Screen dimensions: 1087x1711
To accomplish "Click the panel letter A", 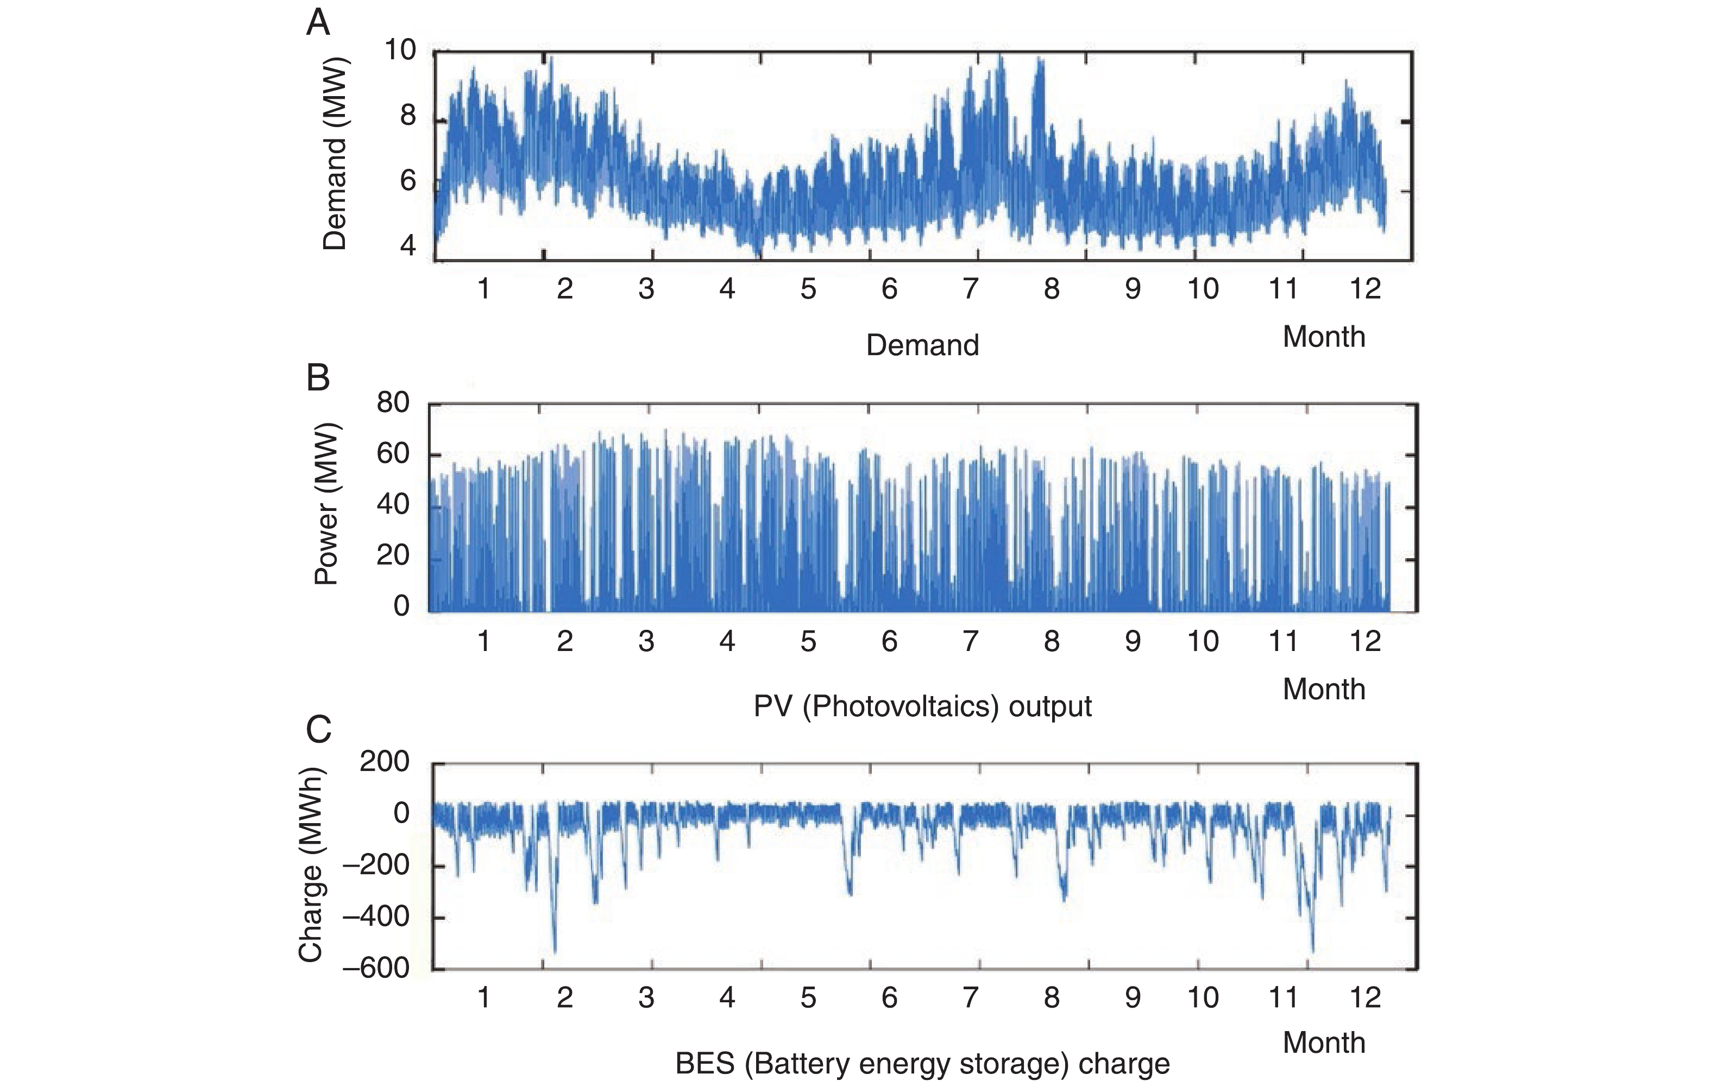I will click(x=318, y=23).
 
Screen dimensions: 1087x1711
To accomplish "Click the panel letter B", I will click(x=318, y=377).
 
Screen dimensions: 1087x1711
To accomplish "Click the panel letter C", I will click(x=318, y=729).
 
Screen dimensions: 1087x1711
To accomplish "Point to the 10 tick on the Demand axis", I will click(x=399, y=50).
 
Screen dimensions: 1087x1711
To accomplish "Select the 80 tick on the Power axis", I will click(x=393, y=403).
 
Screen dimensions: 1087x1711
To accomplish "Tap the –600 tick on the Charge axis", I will click(x=376, y=968).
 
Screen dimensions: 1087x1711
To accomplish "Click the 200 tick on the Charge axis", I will click(x=385, y=762).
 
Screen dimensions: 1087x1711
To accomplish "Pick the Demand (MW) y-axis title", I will click(x=334, y=154).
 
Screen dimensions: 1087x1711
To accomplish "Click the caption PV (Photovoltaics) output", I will click(x=922, y=706).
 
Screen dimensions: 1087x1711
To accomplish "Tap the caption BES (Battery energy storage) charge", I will click(x=922, y=1064).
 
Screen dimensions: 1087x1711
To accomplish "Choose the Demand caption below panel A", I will click(x=922, y=345).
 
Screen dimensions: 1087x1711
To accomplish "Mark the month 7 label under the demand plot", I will click(x=970, y=288).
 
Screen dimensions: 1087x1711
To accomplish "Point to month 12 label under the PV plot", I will click(x=1364, y=641).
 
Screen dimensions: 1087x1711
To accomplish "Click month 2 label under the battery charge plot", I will click(x=565, y=997).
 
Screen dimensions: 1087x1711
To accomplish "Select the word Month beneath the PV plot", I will click(x=1324, y=689).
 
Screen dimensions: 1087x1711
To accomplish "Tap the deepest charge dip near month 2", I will click(x=555, y=951).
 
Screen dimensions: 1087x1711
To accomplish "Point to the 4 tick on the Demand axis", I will click(x=408, y=246).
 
